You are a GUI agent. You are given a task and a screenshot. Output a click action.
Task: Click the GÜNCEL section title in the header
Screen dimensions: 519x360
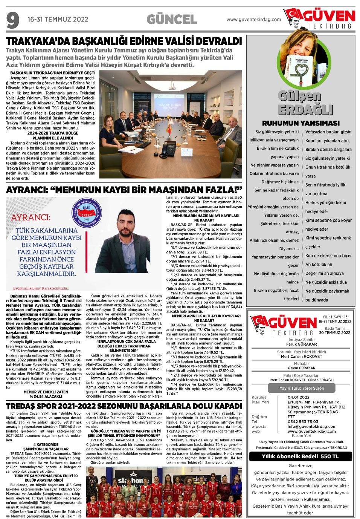click(x=172, y=19)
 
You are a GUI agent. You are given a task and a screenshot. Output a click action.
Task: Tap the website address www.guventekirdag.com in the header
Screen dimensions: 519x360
click(x=253, y=20)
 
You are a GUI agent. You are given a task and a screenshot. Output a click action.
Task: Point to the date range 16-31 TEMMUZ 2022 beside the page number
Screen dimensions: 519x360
click(x=58, y=19)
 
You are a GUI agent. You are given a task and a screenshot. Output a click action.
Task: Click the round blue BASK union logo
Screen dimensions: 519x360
click(x=87, y=213)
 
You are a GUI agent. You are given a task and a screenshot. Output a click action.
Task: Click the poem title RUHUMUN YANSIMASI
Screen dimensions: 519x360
click(x=301, y=123)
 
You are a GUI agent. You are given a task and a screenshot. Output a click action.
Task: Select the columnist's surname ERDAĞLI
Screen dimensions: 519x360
click(x=305, y=110)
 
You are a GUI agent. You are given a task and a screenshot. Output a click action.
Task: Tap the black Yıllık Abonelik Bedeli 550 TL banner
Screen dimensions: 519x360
click(x=300, y=456)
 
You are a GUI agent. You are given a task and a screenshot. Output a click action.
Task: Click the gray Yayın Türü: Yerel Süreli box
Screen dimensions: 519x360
click(x=301, y=388)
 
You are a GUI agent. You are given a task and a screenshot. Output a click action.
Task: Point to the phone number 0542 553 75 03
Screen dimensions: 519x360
click(x=303, y=421)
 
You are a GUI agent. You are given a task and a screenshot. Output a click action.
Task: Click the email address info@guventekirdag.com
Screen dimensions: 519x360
click(x=312, y=426)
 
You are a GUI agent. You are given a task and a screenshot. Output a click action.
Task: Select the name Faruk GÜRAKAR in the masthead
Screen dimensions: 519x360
click(x=301, y=344)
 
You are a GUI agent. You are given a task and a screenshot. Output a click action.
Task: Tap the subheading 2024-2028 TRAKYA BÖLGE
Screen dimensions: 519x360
click(x=53, y=133)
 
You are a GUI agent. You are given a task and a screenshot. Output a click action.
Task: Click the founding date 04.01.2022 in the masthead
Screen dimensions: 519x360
click(x=298, y=397)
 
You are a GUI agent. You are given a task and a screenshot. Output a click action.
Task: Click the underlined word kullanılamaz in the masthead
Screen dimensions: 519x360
click(x=317, y=499)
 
